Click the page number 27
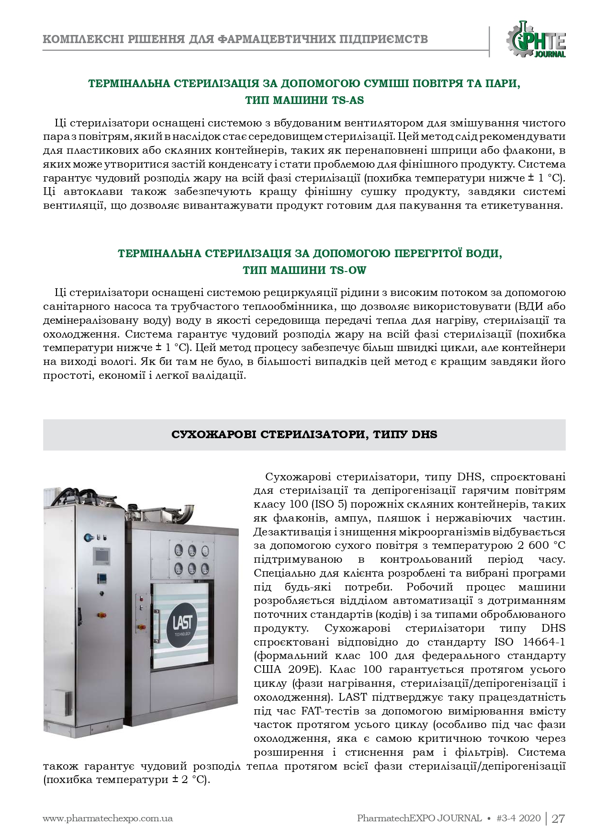[x=559, y=818]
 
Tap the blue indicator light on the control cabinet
[x=88, y=536]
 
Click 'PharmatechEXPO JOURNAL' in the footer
[x=419, y=818]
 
